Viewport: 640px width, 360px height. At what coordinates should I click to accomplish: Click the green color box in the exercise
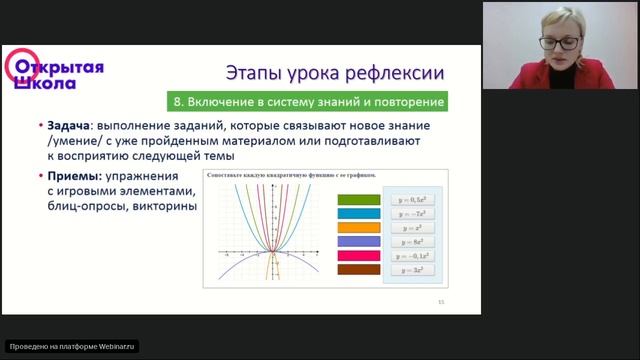(359, 200)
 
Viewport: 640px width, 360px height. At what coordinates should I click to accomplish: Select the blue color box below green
(359, 214)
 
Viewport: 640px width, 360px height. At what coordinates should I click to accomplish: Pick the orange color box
(359, 228)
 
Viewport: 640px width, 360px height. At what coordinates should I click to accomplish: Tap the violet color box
(359, 241)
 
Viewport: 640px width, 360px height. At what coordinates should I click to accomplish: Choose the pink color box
(359, 255)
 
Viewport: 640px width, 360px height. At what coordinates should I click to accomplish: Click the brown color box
(359, 269)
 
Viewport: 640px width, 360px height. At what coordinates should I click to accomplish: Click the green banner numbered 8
(305, 102)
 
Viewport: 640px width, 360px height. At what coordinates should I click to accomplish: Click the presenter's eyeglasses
(559, 43)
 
